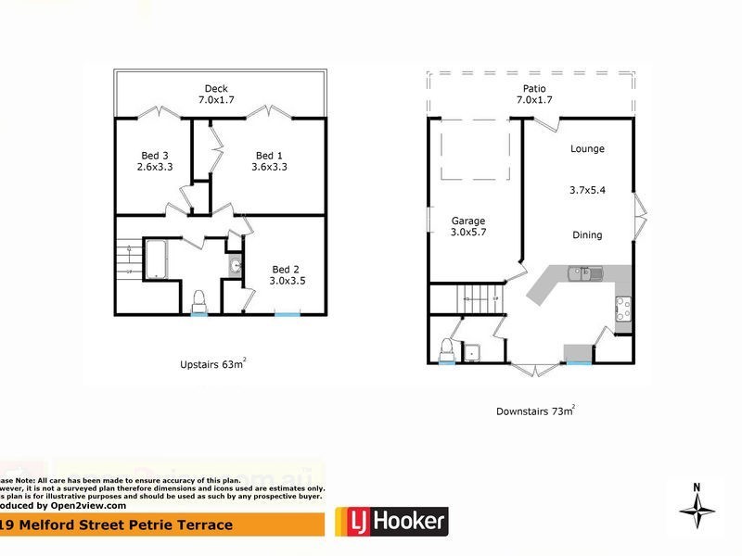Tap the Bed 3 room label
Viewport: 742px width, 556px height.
[x=154, y=155]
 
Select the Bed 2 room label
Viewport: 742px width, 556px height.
[x=286, y=267]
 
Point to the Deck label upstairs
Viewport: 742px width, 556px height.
[x=215, y=89]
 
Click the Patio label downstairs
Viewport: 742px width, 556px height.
[x=531, y=89]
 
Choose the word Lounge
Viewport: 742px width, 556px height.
[x=587, y=148]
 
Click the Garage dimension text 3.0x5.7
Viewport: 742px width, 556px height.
[x=468, y=232]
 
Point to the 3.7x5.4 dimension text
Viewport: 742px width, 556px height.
[x=587, y=190]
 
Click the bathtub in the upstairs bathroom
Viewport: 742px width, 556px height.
[x=155, y=259]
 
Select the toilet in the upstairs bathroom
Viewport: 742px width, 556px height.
[x=198, y=301]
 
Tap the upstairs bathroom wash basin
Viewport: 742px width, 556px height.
[x=235, y=267]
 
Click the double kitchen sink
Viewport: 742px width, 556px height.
[x=586, y=273]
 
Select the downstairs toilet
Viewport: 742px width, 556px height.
[x=446, y=349]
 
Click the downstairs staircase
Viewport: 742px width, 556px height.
[x=473, y=299]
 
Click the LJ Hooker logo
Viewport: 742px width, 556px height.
[x=390, y=522]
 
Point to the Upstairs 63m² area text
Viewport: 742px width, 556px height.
[x=211, y=364]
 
